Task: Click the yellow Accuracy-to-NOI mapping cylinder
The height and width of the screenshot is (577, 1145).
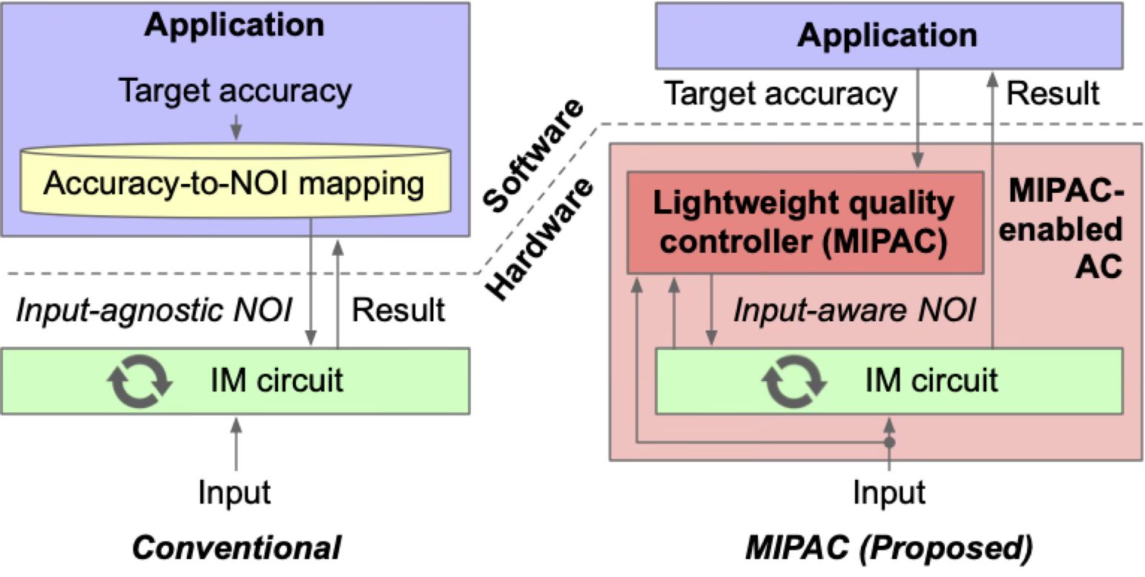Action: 234,182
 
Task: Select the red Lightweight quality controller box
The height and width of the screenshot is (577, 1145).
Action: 805,222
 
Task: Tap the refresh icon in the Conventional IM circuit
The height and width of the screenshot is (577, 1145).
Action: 140,380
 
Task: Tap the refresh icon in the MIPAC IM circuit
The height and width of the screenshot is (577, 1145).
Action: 794,381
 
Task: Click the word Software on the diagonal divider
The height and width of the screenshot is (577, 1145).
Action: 532,154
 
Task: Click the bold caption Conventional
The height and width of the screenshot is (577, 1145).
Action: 237,548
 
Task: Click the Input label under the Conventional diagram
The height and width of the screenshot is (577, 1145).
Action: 235,492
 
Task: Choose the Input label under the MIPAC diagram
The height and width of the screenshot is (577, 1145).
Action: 888,492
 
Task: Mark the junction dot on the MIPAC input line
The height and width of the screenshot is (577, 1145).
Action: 889,443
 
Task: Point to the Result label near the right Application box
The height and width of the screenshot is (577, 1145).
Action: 1053,94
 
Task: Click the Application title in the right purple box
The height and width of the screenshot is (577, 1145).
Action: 887,36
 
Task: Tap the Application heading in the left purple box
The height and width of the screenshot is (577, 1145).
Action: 234,24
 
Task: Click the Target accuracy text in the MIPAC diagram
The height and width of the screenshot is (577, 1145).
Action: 780,94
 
